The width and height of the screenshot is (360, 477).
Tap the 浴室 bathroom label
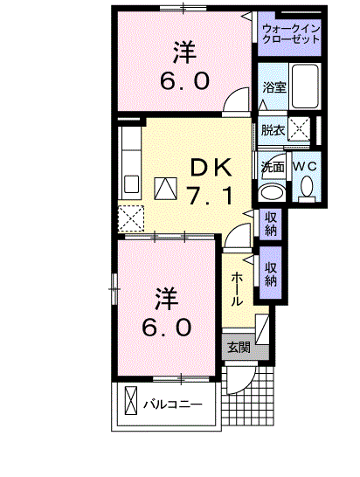[274, 86]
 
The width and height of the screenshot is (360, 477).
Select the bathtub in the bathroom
[305, 85]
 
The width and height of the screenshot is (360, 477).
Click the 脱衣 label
[273, 130]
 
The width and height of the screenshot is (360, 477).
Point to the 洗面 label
[272, 166]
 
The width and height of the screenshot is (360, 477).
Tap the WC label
[305, 166]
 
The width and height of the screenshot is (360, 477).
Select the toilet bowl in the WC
[306, 186]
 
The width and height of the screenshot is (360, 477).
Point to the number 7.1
[210, 196]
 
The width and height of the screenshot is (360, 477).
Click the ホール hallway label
[237, 287]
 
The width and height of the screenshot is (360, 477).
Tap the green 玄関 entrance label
[239, 347]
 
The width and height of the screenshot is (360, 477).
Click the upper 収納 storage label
[270, 224]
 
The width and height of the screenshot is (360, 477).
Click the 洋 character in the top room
[183, 52]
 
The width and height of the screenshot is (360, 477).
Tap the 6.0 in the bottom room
[167, 327]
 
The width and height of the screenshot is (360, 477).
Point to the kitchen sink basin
[132, 184]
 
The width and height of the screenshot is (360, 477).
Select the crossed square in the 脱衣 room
[298, 129]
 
